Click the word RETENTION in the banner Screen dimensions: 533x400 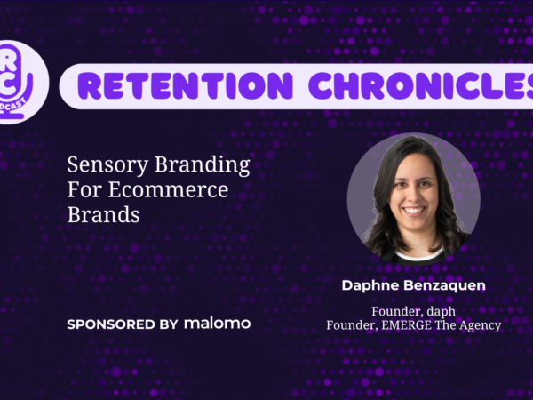185,85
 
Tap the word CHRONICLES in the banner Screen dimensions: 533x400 421,85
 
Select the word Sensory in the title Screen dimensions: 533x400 107,165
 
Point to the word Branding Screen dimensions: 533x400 203,165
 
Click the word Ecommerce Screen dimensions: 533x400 168,189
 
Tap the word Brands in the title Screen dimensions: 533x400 104,214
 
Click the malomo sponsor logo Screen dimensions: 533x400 218,324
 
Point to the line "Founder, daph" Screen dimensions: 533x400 413,311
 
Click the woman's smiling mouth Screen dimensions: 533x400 414,211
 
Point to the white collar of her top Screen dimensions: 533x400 418,255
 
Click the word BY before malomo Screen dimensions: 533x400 169,324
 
